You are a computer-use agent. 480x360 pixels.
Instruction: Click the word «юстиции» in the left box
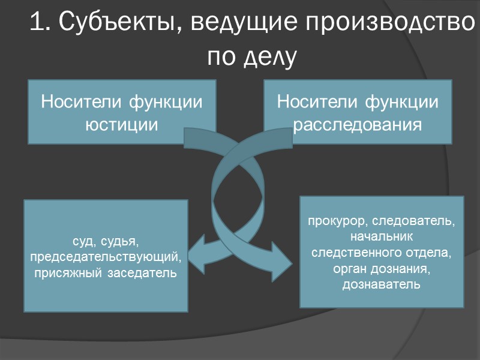tap(121, 125)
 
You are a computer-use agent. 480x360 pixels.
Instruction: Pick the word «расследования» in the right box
tap(358, 125)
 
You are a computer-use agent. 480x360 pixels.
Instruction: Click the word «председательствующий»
tap(106, 257)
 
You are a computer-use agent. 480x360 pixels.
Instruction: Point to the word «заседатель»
tap(141, 273)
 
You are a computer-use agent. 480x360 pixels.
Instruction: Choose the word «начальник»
tap(382, 237)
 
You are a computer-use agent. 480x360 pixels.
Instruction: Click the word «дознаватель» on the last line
tap(382, 284)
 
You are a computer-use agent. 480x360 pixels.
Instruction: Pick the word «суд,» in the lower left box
tap(82, 242)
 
